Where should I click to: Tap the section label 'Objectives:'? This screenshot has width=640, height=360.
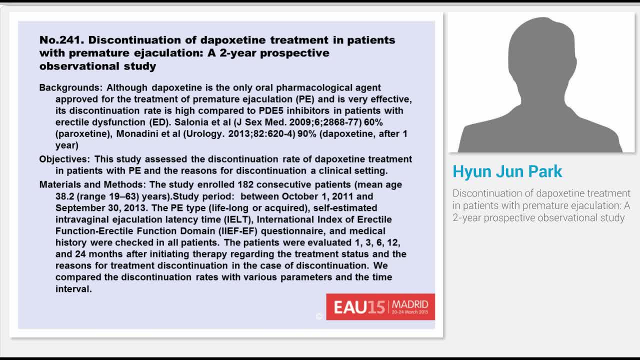(65, 159)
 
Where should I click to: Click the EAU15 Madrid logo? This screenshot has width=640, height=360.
(380, 306)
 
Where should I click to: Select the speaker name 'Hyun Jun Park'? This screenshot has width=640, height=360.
(507, 171)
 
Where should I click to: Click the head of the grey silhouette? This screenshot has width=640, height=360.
(540, 50)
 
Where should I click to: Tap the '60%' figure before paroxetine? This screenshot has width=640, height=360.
(373, 122)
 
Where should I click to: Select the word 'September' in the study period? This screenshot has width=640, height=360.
(77, 208)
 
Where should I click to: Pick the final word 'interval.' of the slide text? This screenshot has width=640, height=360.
(73, 289)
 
